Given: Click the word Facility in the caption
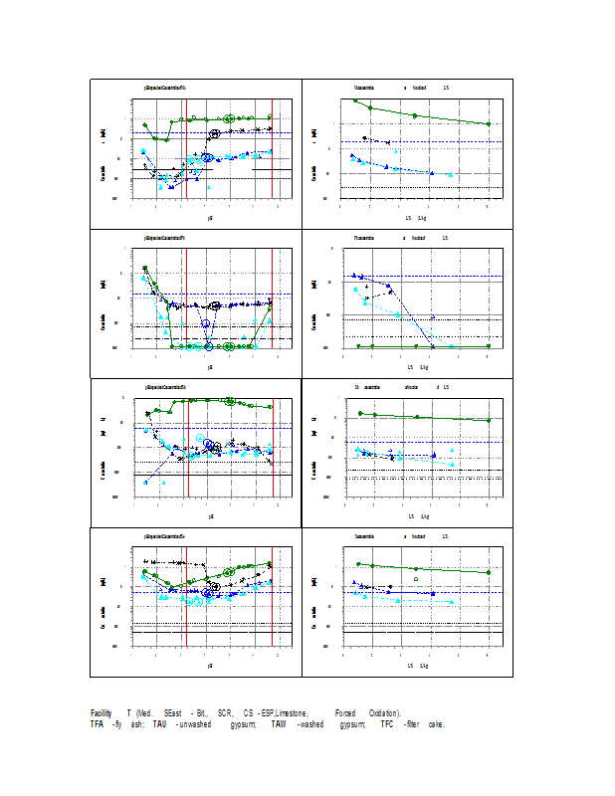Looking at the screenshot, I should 101,713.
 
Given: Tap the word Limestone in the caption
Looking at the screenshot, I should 291,713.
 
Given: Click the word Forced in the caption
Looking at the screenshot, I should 345,713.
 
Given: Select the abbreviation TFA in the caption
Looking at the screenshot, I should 97,724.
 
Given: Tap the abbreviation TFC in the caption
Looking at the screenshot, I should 374,724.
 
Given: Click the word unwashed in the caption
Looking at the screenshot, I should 195,724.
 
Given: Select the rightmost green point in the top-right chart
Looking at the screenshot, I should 488,123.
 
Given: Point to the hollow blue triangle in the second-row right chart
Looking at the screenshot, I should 432,317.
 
